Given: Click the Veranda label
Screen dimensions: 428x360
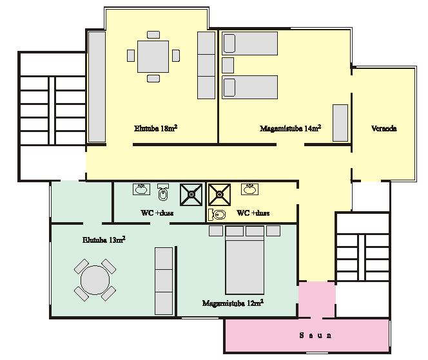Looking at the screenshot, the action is [x=384, y=128].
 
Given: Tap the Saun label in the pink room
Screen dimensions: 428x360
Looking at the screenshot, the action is [x=316, y=335].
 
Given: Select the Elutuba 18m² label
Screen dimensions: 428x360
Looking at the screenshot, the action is [x=156, y=128].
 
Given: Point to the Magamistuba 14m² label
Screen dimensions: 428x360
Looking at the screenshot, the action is [x=290, y=128].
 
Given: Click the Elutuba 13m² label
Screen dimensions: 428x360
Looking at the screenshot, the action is [x=104, y=240].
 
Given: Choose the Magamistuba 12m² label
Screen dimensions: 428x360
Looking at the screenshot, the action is [x=233, y=303].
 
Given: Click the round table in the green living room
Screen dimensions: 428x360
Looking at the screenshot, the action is [x=95, y=279].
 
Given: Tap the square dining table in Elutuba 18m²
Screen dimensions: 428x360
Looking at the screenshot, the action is [x=153, y=57].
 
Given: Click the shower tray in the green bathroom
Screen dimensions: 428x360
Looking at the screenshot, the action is [x=191, y=194].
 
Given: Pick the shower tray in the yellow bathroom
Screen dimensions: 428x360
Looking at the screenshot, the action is [x=219, y=194].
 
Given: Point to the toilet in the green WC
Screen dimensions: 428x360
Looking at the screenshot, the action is [x=163, y=192].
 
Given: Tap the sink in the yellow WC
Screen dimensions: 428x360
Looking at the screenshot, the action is [x=249, y=189].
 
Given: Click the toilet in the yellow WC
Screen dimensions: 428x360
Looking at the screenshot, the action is [x=217, y=215].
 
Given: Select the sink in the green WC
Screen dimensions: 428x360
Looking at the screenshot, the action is [x=141, y=189].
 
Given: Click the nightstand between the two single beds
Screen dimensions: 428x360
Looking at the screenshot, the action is [x=228, y=65].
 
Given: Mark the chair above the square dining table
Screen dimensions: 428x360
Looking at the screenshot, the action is [x=153, y=35].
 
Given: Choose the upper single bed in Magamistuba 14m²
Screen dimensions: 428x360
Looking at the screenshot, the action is [x=249, y=43].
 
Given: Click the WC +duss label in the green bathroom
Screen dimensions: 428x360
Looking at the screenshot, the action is [x=157, y=213].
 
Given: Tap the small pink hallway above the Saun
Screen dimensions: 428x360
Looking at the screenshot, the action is [x=316, y=299].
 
